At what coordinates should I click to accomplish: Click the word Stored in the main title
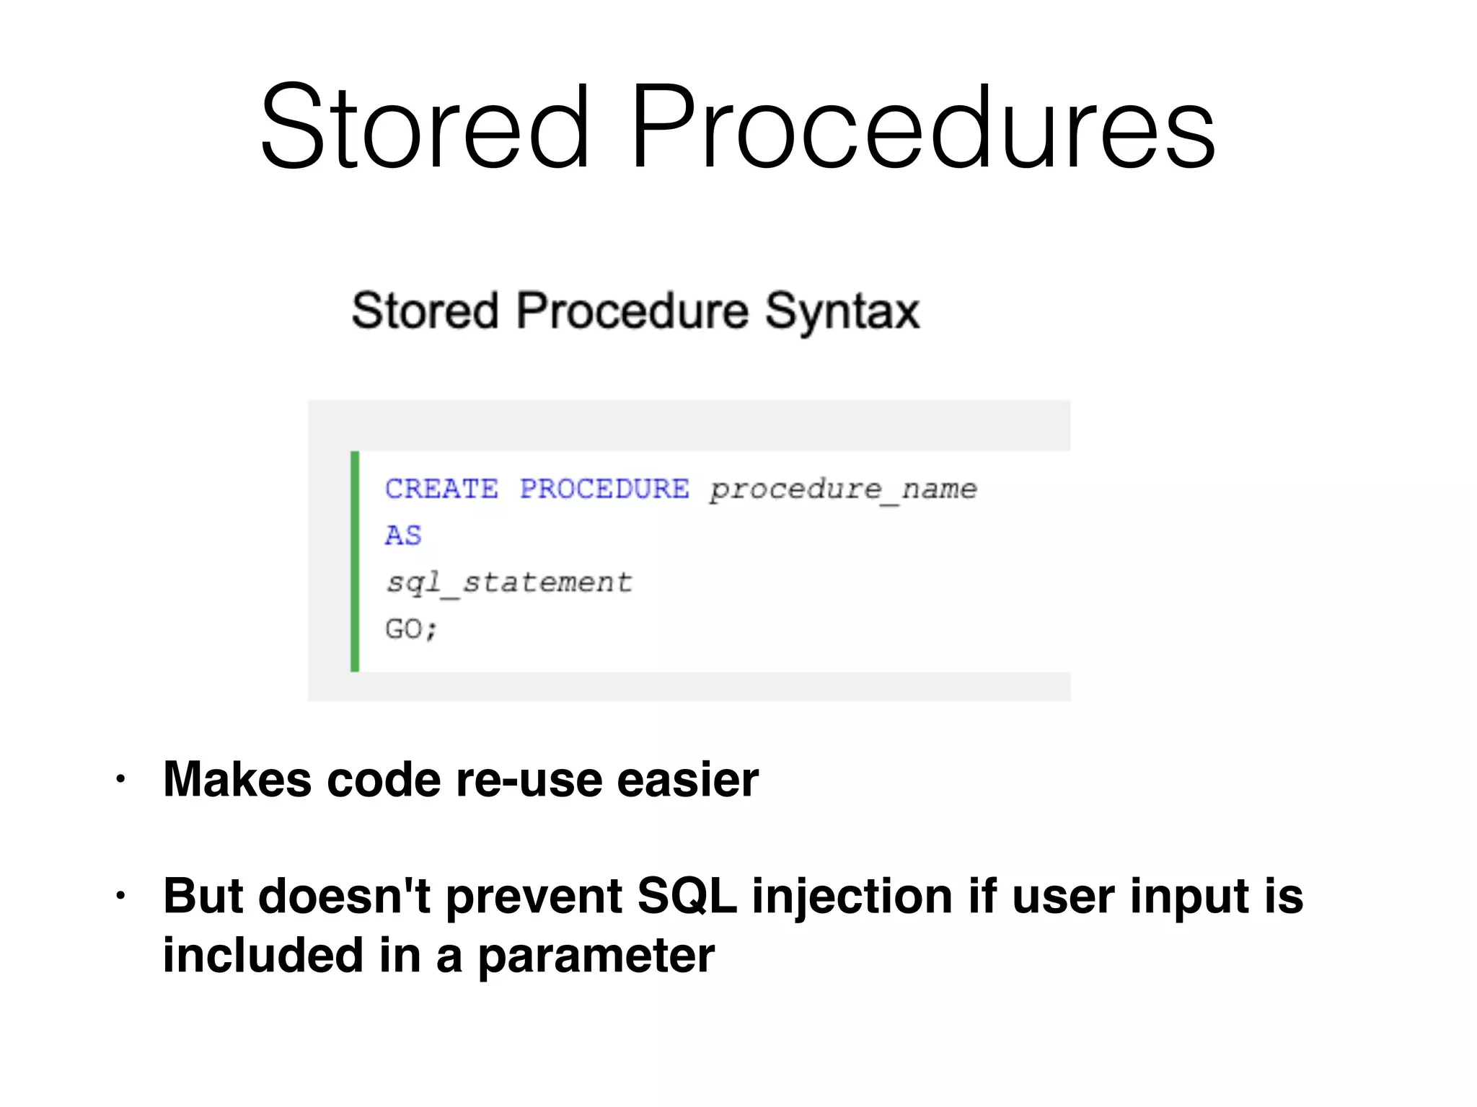click(x=426, y=128)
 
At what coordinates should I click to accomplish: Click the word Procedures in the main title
click(x=923, y=128)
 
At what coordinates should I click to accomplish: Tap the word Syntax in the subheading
click(x=842, y=311)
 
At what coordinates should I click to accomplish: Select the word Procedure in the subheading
click(x=632, y=311)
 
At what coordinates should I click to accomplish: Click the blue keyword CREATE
click(x=441, y=489)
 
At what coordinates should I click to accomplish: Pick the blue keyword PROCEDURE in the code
click(x=604, y=489)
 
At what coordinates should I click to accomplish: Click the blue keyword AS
click(x=403, y=535)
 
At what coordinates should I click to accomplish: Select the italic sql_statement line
click(x=509, y=583)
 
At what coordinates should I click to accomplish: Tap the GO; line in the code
click(x=411, y=629)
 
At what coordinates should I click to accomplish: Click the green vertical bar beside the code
click(x=355, y=561)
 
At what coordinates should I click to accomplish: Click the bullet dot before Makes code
click(x=120, y=780)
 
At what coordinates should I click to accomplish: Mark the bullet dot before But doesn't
click(x=120, y=897)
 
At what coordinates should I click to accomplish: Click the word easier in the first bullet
click(x=687, y=780)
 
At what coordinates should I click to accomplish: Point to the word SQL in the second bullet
click(x=687, y=897)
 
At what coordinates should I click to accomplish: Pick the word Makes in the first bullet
click(x=237, y=780)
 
